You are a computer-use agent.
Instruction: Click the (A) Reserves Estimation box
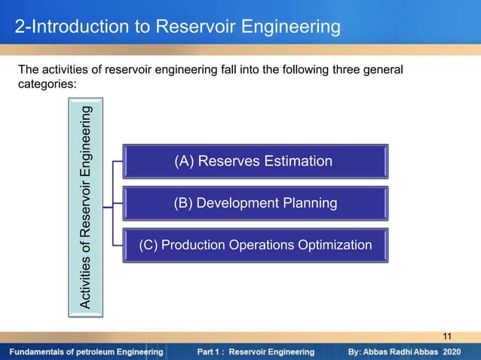click(256, 161)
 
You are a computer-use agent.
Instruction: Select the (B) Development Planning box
click(256, 203)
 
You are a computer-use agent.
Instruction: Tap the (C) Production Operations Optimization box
click(256, 246)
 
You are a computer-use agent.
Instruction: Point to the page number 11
click(447, 336)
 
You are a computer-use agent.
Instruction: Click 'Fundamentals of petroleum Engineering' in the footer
click(87, 352)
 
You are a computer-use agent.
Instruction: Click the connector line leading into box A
click(118, 161)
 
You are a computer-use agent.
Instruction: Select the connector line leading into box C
click(118, 246)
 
